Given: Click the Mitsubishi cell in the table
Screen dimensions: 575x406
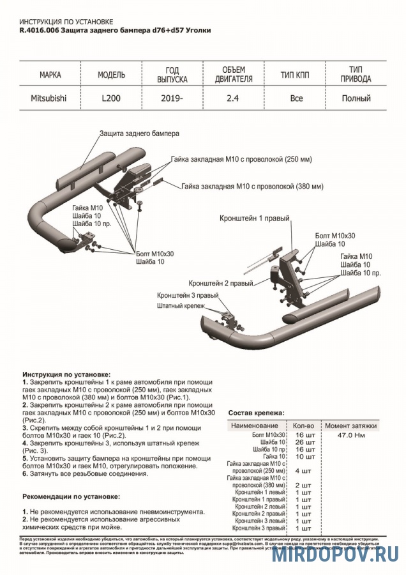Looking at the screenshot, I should click(x=49, y=99).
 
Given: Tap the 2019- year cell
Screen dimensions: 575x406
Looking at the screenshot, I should click(x=172, y=99).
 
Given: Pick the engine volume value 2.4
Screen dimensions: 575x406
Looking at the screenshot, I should click(x=233, y=99).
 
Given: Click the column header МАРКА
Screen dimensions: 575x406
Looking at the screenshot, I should click(x=50, y=75).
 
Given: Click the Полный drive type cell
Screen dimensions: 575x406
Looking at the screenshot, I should click(x=356, y=99).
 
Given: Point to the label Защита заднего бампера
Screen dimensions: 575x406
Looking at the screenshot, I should click(x=139, y=134).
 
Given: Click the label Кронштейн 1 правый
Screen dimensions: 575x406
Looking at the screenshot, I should click(x=255, y=218).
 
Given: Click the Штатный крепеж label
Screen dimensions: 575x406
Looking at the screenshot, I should click(x=180, y=306).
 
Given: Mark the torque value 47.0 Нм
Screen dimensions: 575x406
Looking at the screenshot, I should click(x=350, y=434).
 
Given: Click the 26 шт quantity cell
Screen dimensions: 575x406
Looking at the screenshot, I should click(x=305, y=442).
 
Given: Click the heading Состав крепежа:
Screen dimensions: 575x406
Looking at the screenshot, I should click(x=257, y=413).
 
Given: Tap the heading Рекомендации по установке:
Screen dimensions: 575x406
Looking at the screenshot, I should click(x=71, y=496).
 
